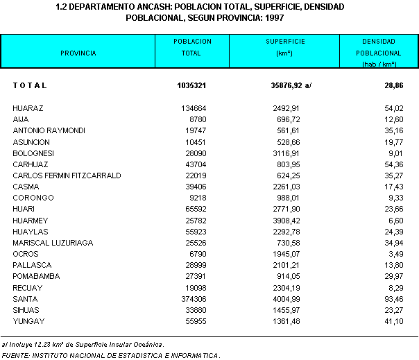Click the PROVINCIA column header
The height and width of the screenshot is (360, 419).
click(x=78, y=53)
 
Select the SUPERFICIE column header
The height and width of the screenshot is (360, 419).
click(x=284, y=42)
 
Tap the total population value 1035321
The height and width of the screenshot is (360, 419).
click(x=191, y=85)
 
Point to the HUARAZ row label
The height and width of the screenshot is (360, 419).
click(x=28, y=108)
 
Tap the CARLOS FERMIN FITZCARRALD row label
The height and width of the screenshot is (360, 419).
click(x=67, y=175)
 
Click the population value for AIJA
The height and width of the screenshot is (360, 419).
click(x=198, y=119)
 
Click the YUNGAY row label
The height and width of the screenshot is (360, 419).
click(x=28, y=321)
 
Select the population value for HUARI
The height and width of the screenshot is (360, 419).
click(x=196, y=209)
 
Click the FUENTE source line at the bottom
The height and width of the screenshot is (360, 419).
click(x=111, y=355)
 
